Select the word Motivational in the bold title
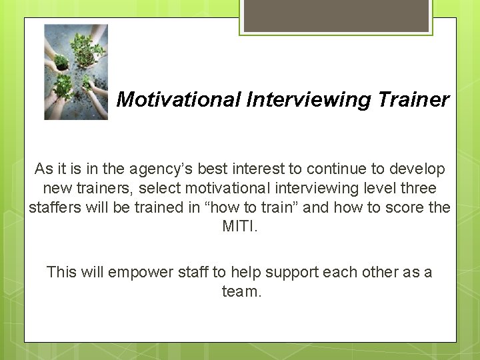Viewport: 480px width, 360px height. pyautogui.click(x=178, y=100)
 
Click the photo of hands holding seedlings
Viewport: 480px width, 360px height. pyautogui.click(x=76, y=72)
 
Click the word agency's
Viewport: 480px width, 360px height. pyautogui.click(x=178, y=169)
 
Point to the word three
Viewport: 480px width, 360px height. pyautogui.click(x=417, y=189)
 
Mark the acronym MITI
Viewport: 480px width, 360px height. pyautogui.click(x=239, y=227)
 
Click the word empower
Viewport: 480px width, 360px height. pyautogui.click(x=139, y=273)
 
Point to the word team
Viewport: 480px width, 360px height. pyautogui.click(x=240, y=291)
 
